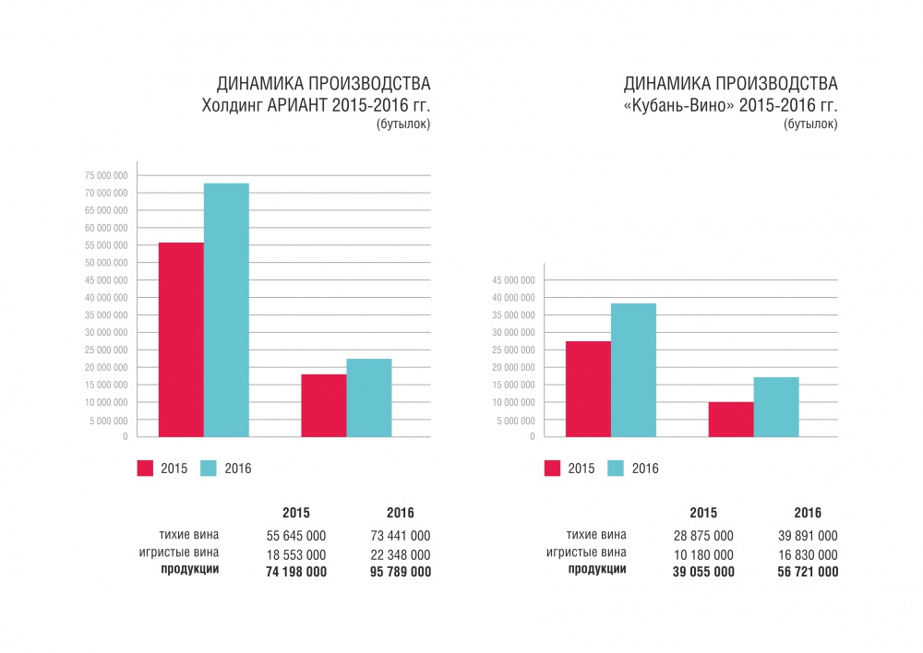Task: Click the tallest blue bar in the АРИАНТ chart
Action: pyautogui.click(x=226, y=310)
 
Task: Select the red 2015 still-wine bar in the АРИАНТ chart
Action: pyautogui.click(x=181, y=339)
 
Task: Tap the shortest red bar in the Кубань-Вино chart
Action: pyautogui.click(x=731, y=420)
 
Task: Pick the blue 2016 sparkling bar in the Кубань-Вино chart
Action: pyautogui.click(x=776, y=407)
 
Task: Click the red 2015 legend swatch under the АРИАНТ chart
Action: pyautogui.click(x=145, y=469)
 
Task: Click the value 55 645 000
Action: pyautogui.click(x=295, y=536)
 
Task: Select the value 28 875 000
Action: pyautogui.click(x=703, y=536)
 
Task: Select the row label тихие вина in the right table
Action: pyautogui.click(x=596, y=535)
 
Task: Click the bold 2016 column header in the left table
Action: pyautogui.click(x=401, y=513)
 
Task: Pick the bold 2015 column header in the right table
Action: pyautogui.click(x=703, y=513)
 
